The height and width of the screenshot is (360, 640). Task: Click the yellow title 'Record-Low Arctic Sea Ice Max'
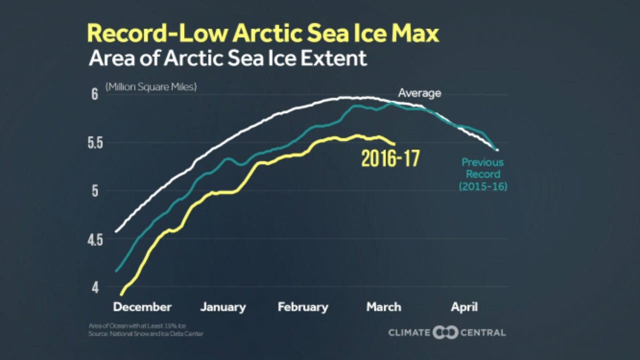pyautogui.click(x=263, y=33)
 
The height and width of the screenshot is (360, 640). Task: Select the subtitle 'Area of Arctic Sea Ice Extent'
pyautogui.click(x=227, y=58)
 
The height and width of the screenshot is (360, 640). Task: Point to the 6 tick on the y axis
pyautogui.click(x=94, y=95)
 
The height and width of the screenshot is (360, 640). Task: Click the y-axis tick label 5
pyautogui.click(x=94, y=191)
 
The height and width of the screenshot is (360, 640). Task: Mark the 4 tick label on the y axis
pyautogui.click(x=94, y=288)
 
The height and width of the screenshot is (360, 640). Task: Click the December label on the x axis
pyautogui.click(x=142, y=307)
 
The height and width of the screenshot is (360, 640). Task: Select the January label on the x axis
pyautogui.click(x=223, y=307)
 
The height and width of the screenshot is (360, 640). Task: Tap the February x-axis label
pyautogui.click(x=303, y=307)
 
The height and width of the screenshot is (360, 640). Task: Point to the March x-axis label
pyautogui.click(x=383, y=307)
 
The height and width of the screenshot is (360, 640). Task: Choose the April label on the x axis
pyautogui.click(x=464, y=307)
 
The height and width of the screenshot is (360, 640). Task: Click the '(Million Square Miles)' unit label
pyautogui.click(x=151, y=86)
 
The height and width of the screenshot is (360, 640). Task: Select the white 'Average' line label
pyautogui.click(x=419, y=93)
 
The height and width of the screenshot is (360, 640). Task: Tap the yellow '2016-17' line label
pyautogui.click(x=390, y=159)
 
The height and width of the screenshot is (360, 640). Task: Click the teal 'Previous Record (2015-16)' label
pyautogui.click(x=482, y=174)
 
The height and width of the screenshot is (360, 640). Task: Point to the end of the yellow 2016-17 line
pyautogui.click(x=394, y=144)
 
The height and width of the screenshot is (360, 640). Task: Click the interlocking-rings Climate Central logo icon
pyautogui.click(x=445, y=332)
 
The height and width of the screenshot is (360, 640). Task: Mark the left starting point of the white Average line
pyautogui.click(x=116, y=231)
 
